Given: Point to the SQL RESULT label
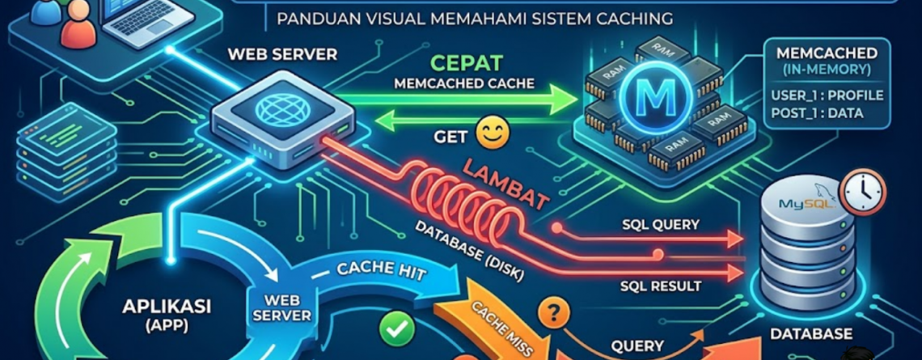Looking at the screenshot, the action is pos(660,286).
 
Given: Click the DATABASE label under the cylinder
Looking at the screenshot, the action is pos(811,332).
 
